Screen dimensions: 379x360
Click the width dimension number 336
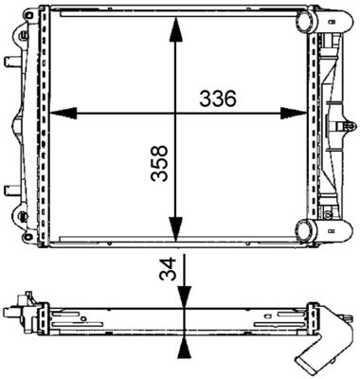pyautogui.click(x=216, y=98)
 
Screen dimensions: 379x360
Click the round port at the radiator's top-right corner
pyautogui.click(x=309, y=21)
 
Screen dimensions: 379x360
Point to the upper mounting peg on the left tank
pyautogui.click(x=12, y=62)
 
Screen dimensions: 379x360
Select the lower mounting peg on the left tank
pyautogui.click(x=12, y=188)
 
